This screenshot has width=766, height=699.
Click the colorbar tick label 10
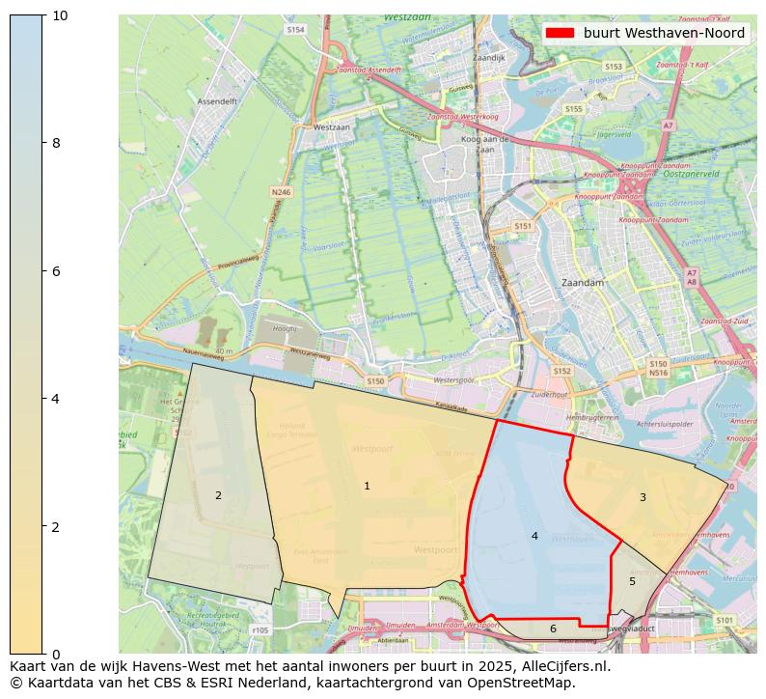click(x=59, y=16)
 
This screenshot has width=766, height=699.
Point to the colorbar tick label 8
click(x=55, y=144)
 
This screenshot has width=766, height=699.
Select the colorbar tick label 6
click(x=55, y=271)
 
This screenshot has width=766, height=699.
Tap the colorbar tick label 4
click(x=55, y=399)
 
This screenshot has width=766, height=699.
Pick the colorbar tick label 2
click(x=55, y=527)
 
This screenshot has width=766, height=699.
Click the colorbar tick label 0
click(x=55, y=655)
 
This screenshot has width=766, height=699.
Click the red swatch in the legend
click(x=560, y=33)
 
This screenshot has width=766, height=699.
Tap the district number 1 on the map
click(x=367, y=486)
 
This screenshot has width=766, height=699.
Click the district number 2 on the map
click(x=218, y=495)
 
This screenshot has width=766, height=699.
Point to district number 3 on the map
click(x=643, y=497)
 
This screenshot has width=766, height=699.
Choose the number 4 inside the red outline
click(x=534, y=536)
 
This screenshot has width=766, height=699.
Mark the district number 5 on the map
click(x=632, y=581)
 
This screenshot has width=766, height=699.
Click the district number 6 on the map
click(x=553, y=629)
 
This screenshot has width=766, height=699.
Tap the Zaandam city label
click(x=582, y=283)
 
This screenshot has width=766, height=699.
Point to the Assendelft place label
click(x=217, y=100)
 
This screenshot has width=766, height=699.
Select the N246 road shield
click(x=281, y=192)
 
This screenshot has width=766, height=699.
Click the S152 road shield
click(x=561, y=371)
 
